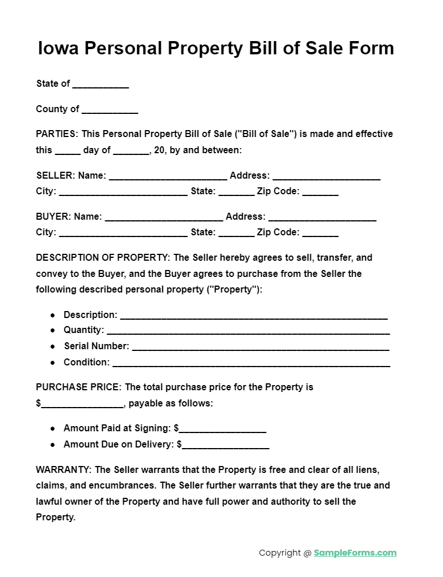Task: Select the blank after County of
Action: tap(110, 110)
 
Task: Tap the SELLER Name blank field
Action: tap(168, 176)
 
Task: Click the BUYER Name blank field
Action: tap(164, 217)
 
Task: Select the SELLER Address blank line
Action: tap(326, 176)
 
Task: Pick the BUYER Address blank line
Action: tap(322, 217)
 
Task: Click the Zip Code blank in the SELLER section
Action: tap(320, 192)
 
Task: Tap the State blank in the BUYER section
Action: tap(236, 233)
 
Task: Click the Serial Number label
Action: tap(96, 346)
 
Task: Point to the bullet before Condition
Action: tap(53, 363)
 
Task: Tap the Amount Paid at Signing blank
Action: tap(222, 429)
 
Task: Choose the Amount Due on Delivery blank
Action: tap(226, 445)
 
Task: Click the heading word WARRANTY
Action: tap(63, 469)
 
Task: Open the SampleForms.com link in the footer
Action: tap(355, 553)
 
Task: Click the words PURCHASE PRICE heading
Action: tap(78, 387)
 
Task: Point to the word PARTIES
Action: tap(56, 134)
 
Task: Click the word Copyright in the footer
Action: tap(280, 553)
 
